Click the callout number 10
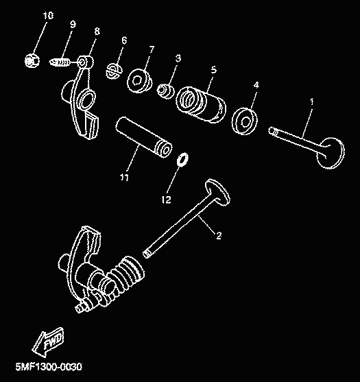[48, 16]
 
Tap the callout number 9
[73, 24]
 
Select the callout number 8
[97, 31]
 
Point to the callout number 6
[124, 40]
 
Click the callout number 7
[152, 49]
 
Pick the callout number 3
[178, 58]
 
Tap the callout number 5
[214, 70]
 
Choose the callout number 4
[256, 85]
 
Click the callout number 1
[312, 102]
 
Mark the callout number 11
[124, 177]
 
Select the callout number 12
[166, 200]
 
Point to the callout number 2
[219, 235]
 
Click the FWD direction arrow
[49, 342]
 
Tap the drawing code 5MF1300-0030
[49, 366]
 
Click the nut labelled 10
[32, 60]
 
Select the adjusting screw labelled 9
[60, 62]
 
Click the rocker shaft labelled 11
[144, 137]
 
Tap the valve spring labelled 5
[200, 104]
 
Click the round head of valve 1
[331, 153]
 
